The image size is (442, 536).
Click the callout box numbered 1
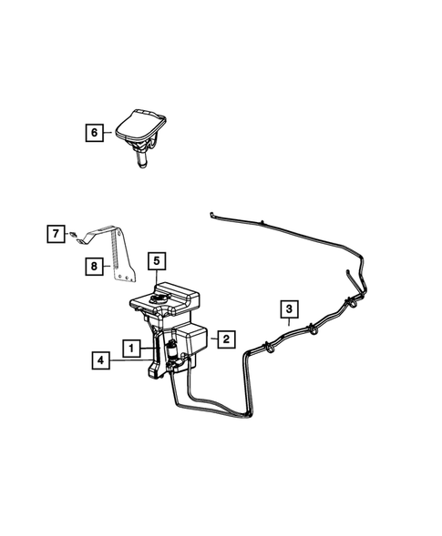[131, 349]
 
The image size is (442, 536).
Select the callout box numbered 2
[226, 339]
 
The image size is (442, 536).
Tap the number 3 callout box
[289, 309]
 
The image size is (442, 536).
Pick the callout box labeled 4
[100, 360]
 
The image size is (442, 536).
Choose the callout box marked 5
[157, 261]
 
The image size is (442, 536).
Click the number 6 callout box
[95, 132]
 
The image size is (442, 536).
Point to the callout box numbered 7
[56, 234]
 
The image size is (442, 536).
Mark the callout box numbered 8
[94, 267]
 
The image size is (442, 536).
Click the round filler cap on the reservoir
[159, 299]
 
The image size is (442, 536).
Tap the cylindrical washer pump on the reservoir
[171, 349]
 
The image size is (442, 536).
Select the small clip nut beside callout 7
[73, 234]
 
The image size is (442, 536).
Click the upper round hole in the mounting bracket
[118, 234]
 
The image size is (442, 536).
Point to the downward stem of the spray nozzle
[140, 160]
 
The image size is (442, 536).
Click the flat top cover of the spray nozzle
[139, 126]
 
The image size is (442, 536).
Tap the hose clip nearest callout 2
[269, 348]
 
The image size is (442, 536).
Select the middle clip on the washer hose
[313, 329]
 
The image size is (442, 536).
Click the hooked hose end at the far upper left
[212, 215]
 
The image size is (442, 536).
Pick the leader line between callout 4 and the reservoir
[131, 360]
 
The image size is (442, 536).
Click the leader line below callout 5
[157, 278]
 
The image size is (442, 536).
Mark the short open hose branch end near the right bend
[348, 272]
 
